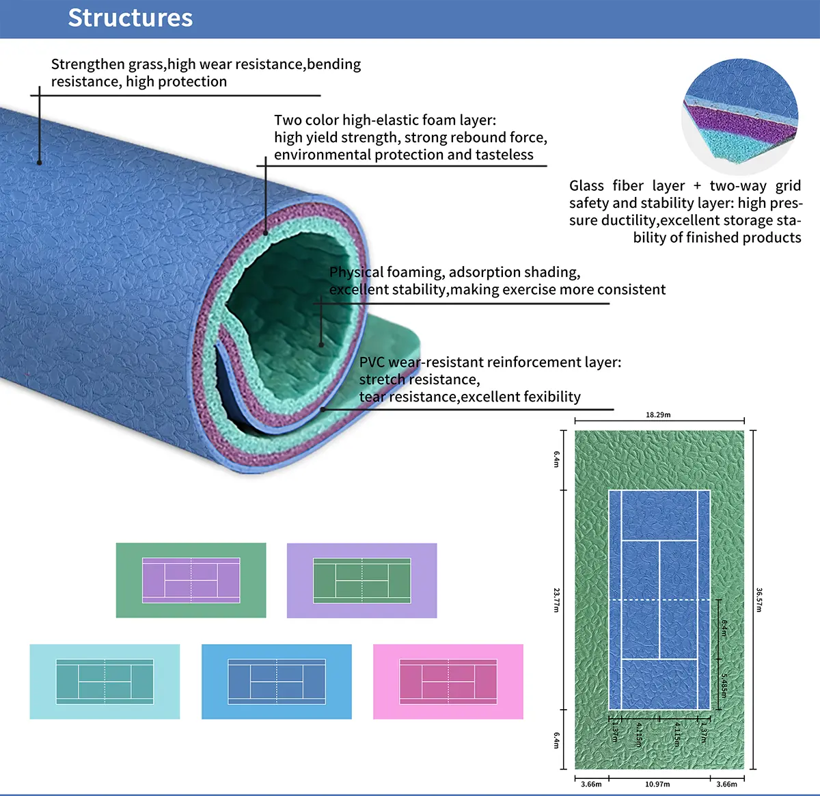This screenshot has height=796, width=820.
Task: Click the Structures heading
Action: pos(130,18)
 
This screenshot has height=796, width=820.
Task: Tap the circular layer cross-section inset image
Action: pos(741,116)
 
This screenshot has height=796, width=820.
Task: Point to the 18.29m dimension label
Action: pos(658,414)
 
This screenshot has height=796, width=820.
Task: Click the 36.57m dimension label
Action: pos(759,600)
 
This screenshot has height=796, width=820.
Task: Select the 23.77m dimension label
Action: pos(557,600)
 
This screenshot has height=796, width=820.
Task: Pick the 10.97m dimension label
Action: pos(657,784)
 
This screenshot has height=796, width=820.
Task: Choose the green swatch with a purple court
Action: pos(191,581)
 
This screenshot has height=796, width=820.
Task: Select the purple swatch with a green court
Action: pos(361,581)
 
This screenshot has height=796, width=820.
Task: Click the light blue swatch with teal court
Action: pos(105,681)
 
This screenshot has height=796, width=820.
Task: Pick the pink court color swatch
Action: pos(448,681)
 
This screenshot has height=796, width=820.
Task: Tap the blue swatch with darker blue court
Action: pos(277,681)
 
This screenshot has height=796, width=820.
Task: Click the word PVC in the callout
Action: pos(372,362)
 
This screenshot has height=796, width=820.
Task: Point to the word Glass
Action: pos(586,186)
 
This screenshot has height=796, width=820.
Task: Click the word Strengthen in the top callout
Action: pos(87,64)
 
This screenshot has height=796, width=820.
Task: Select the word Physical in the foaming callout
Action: pos(355,272)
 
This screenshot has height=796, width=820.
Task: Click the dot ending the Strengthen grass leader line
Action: pos(40,162)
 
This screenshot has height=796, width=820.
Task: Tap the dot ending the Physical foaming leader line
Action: pos(321,345)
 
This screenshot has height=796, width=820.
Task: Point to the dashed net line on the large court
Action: pos(659,600)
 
